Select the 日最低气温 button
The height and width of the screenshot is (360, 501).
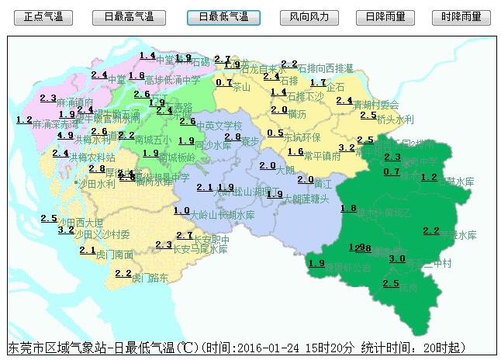[223, 16]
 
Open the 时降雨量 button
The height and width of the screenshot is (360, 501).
[461, 16]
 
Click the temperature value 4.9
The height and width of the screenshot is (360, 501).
[66, 135]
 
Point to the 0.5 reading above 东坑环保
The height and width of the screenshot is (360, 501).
[275, 133]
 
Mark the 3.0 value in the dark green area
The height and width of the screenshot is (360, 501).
[397, 258]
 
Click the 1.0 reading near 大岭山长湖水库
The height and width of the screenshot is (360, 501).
[181, 210]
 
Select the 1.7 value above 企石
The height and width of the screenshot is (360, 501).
[318, 82]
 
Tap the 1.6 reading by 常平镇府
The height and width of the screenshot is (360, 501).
[295, 151]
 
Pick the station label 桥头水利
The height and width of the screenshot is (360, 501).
[396, 119]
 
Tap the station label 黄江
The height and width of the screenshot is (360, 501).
[323, 184]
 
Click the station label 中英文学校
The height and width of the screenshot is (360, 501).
[219, 126]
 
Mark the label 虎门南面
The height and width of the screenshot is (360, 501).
[115, 254]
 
